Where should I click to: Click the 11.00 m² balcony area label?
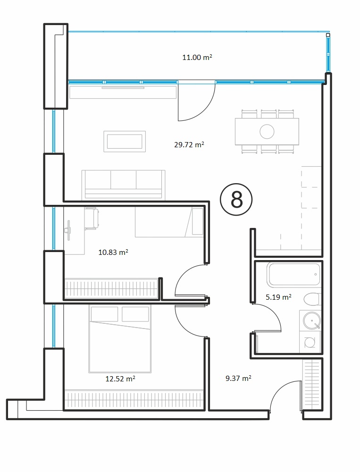(x=197, y=57)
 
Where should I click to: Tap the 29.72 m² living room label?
(x=189, y=145)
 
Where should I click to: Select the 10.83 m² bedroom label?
(x=113, y=252)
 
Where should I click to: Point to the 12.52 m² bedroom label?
(x=120, y=379)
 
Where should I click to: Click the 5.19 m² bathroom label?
(x=278, y=297)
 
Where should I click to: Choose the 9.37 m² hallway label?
(x=238, y=378)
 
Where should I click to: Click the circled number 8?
(x=236, y=200)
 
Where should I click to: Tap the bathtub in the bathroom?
(x=294, y=275)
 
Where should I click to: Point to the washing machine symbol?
(x=310, y=342)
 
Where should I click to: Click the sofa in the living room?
(x=124, y=184)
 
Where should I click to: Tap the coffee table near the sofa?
(x=125, y=142)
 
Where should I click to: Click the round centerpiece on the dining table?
(x=267, y=132)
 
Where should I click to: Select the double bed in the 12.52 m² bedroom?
(x=120, y=338)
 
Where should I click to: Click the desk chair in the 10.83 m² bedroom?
(x=92, y=219)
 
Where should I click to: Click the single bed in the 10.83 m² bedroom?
(x=169, y=222)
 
